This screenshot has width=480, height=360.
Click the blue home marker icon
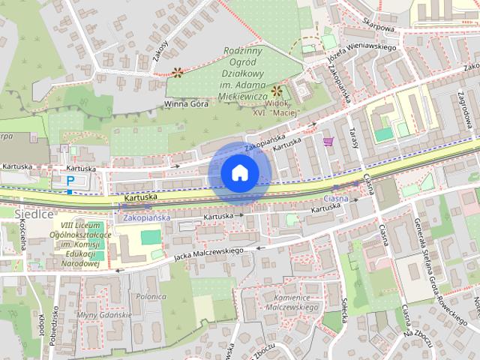pos(239,173)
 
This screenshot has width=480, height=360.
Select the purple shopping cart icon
pos(328,140)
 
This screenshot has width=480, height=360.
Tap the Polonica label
pos(151,296)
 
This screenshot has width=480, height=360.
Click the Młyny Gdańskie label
pos(104,315)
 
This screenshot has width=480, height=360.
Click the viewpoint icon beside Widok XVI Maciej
pos(277,90)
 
